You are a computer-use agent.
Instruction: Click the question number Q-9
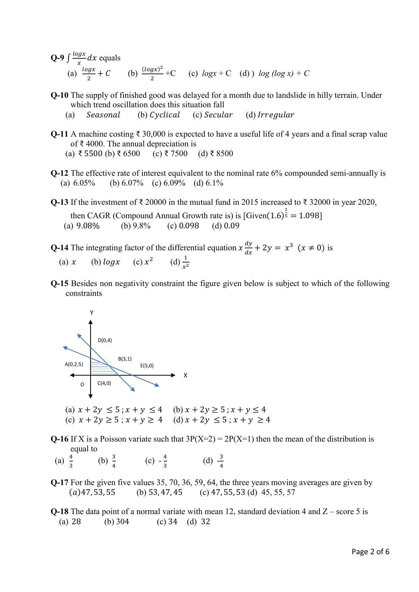57,58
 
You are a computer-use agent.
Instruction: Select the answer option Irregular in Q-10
276,115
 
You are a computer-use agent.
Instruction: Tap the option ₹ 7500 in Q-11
176,154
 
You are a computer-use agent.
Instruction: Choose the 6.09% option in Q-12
174,183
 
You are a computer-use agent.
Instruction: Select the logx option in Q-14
111,262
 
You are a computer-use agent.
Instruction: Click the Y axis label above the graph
91,313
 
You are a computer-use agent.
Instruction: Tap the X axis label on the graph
185,375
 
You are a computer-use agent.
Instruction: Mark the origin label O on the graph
82,385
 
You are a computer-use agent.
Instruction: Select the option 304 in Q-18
122,522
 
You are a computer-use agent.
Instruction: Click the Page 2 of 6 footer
370,552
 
